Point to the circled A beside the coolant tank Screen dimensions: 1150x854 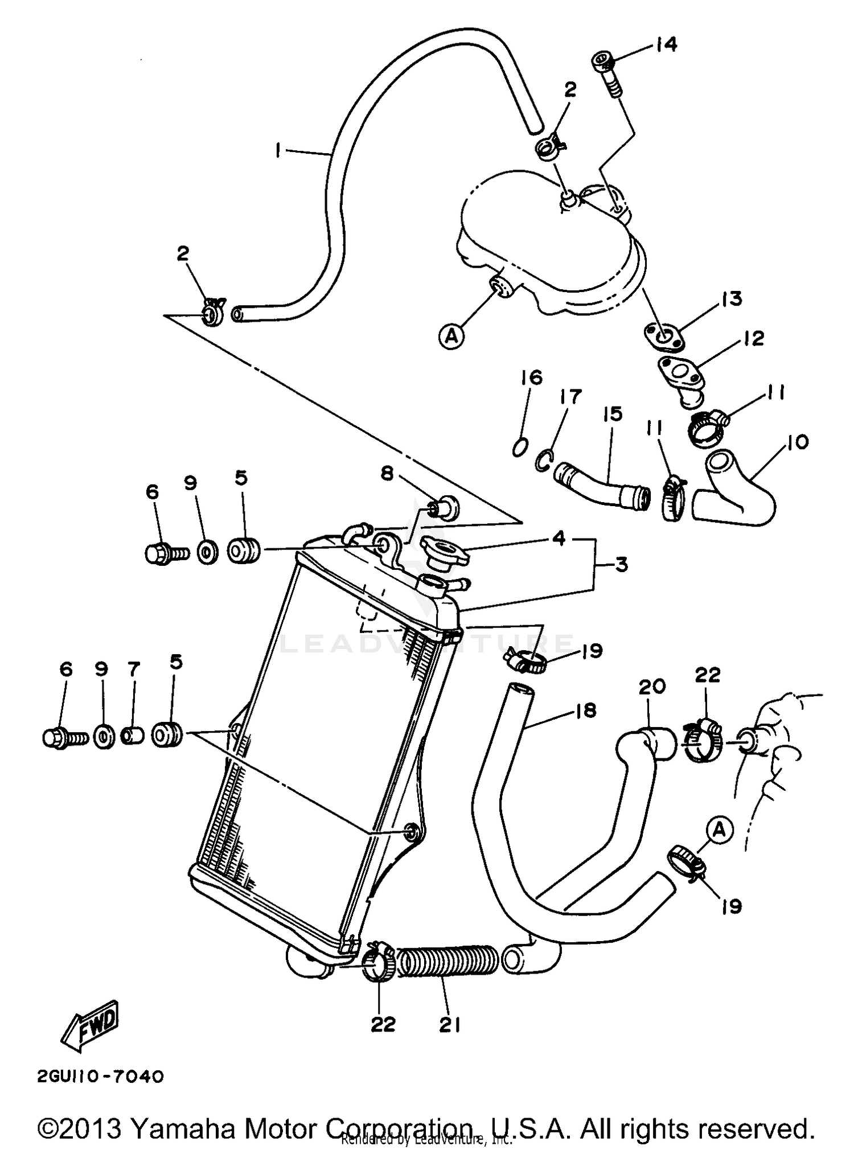click(x=452, y=336)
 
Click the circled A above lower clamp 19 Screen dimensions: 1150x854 click(x=720, y=831)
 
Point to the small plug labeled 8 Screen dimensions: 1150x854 click(x=443, y=507)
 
